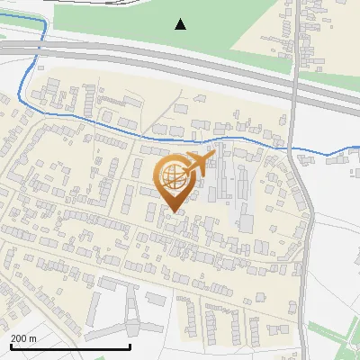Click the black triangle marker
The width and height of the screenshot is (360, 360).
pos(181,24)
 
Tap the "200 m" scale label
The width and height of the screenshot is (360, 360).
pos(23,338)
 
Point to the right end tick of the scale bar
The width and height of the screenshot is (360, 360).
pos(130,346)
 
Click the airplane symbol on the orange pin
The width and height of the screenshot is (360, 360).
pos(198,164)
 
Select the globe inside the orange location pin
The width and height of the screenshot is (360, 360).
pos(175,179)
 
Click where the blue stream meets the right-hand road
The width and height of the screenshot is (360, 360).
pos(297,155)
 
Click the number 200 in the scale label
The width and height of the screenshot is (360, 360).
pos(19,338)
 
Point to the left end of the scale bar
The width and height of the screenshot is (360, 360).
pos(10,346)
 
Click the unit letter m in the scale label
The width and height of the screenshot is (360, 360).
pos(32,338)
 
